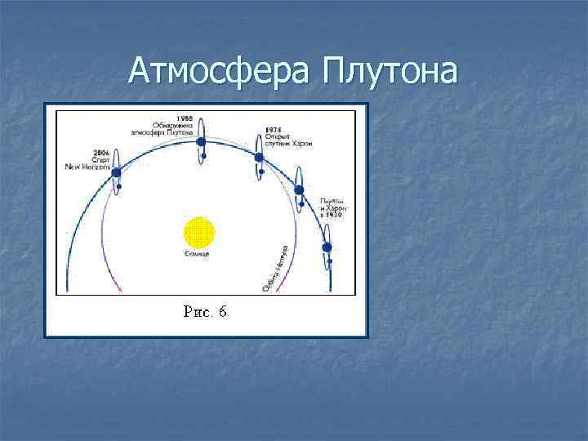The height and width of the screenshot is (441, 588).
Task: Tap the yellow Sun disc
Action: tap(198, 233)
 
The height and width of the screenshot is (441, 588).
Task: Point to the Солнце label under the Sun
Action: tap(198, 255)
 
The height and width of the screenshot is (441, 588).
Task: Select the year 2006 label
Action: tap(101, 153)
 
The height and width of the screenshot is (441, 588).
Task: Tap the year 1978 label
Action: tap(273, 129)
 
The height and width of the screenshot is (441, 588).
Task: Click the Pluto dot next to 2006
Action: tap(117, 172)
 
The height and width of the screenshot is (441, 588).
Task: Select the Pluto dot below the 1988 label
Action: tap(201, 141)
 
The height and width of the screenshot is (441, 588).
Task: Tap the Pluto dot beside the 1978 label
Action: tap(259, 157)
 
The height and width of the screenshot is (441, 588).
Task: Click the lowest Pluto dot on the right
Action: tap(327, 247)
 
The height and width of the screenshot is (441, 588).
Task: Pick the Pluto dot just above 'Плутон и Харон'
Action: tap(299, 190)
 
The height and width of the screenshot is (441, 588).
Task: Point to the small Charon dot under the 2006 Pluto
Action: tap(119, 187)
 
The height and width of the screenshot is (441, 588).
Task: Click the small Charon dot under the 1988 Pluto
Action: tap(203, 155)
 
